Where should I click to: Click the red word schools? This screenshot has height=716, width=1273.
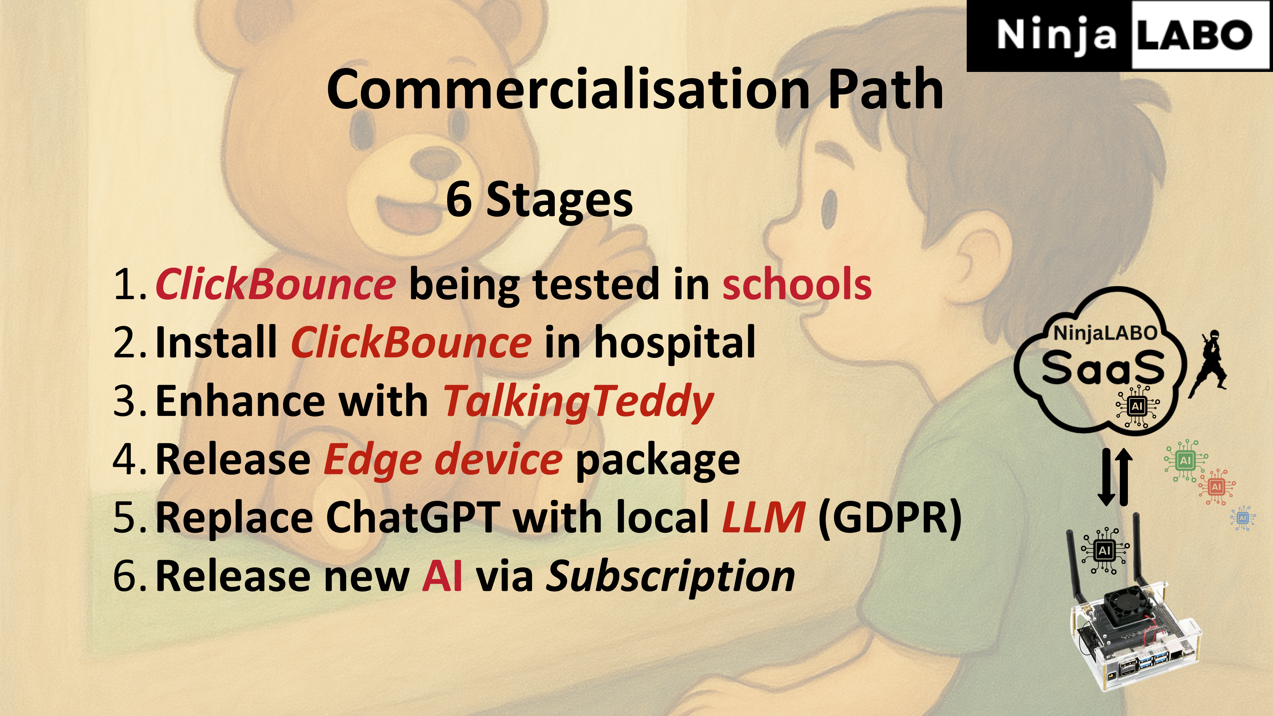797,284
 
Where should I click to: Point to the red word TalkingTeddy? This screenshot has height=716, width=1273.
578,402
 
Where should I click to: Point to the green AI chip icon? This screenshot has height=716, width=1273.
1185,460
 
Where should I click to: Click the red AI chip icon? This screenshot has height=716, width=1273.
1216,487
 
